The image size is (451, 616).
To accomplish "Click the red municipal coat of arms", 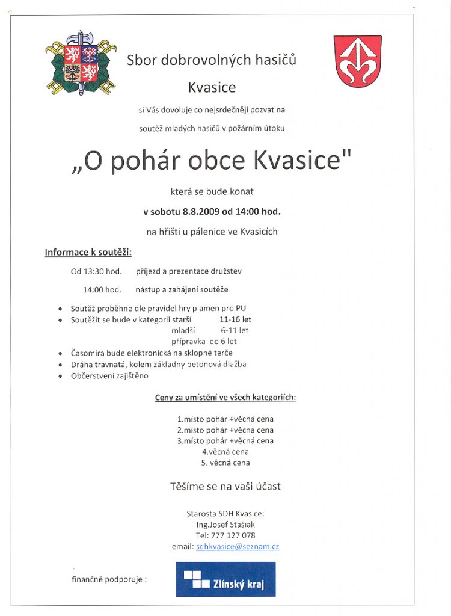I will [357, 62].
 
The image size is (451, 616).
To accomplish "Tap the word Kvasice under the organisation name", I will [212, 88].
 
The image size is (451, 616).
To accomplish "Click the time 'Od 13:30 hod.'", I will [96, 271].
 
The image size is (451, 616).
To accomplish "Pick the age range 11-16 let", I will [235, 319].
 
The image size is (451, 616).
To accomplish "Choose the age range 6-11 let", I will [235, 330].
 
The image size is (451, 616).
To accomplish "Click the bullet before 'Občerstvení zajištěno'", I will [60, 376].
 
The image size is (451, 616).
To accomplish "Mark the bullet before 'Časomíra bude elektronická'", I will [60, 353].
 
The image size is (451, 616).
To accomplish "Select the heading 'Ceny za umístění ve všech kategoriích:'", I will [225, 398].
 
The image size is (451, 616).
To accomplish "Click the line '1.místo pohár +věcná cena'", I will [225, 419].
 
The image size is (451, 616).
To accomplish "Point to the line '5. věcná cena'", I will [225, 463].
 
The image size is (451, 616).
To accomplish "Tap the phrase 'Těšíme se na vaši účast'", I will [225, 486].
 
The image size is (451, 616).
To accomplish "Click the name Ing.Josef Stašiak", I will [225, 525].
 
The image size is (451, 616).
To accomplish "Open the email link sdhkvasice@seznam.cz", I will [238, 546].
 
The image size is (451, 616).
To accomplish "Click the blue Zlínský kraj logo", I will [226, 579].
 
